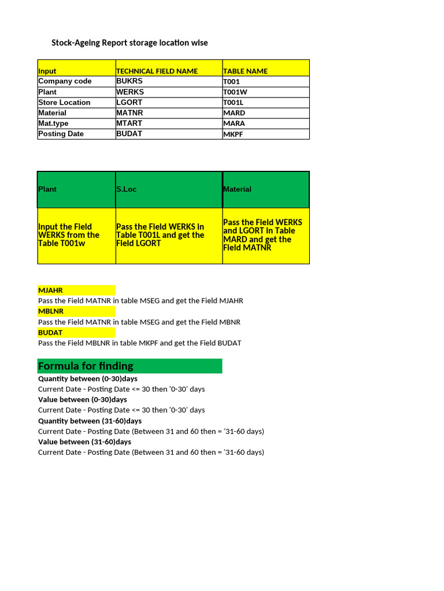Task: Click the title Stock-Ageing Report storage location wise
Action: pos(129,43)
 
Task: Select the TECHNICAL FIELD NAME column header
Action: pos(157,71)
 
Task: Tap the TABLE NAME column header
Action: pos(245,71)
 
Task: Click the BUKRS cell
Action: pos(129,81)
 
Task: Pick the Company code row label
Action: pos(65,81)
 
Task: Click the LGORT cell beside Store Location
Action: pos(129,102)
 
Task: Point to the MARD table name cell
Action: pos(234,113)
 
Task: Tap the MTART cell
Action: pos(129,123)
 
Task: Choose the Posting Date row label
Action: pos(61,134)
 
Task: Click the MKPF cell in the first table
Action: pos(234,134)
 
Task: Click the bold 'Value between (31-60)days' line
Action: pos(84,442)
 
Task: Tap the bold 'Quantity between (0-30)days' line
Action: pos(88,379)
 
